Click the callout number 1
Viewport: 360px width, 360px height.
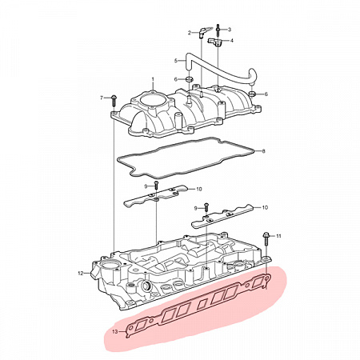point(153,79)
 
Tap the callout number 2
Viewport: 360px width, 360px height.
point(190,33)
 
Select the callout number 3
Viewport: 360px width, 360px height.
point(230,30)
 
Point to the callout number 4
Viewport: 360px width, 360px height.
point(231,41)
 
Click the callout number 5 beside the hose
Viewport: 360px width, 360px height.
point(176,61)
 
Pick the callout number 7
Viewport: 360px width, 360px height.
point(102,98)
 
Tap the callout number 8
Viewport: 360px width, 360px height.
point(263,151)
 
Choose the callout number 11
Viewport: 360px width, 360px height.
point(278,236)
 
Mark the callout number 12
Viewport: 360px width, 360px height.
point(81,273)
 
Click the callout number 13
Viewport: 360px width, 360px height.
point(115,332)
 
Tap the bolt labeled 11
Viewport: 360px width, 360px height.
point(266,241)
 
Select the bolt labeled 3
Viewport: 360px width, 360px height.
point(218,30)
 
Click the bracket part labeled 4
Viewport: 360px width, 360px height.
point(214,42)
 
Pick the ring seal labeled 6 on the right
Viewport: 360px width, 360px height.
point(252,94)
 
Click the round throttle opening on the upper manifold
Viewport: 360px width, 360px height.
point(151,100)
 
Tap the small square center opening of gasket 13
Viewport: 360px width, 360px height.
point(202,304)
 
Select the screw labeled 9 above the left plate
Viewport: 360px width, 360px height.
point(156,186)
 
